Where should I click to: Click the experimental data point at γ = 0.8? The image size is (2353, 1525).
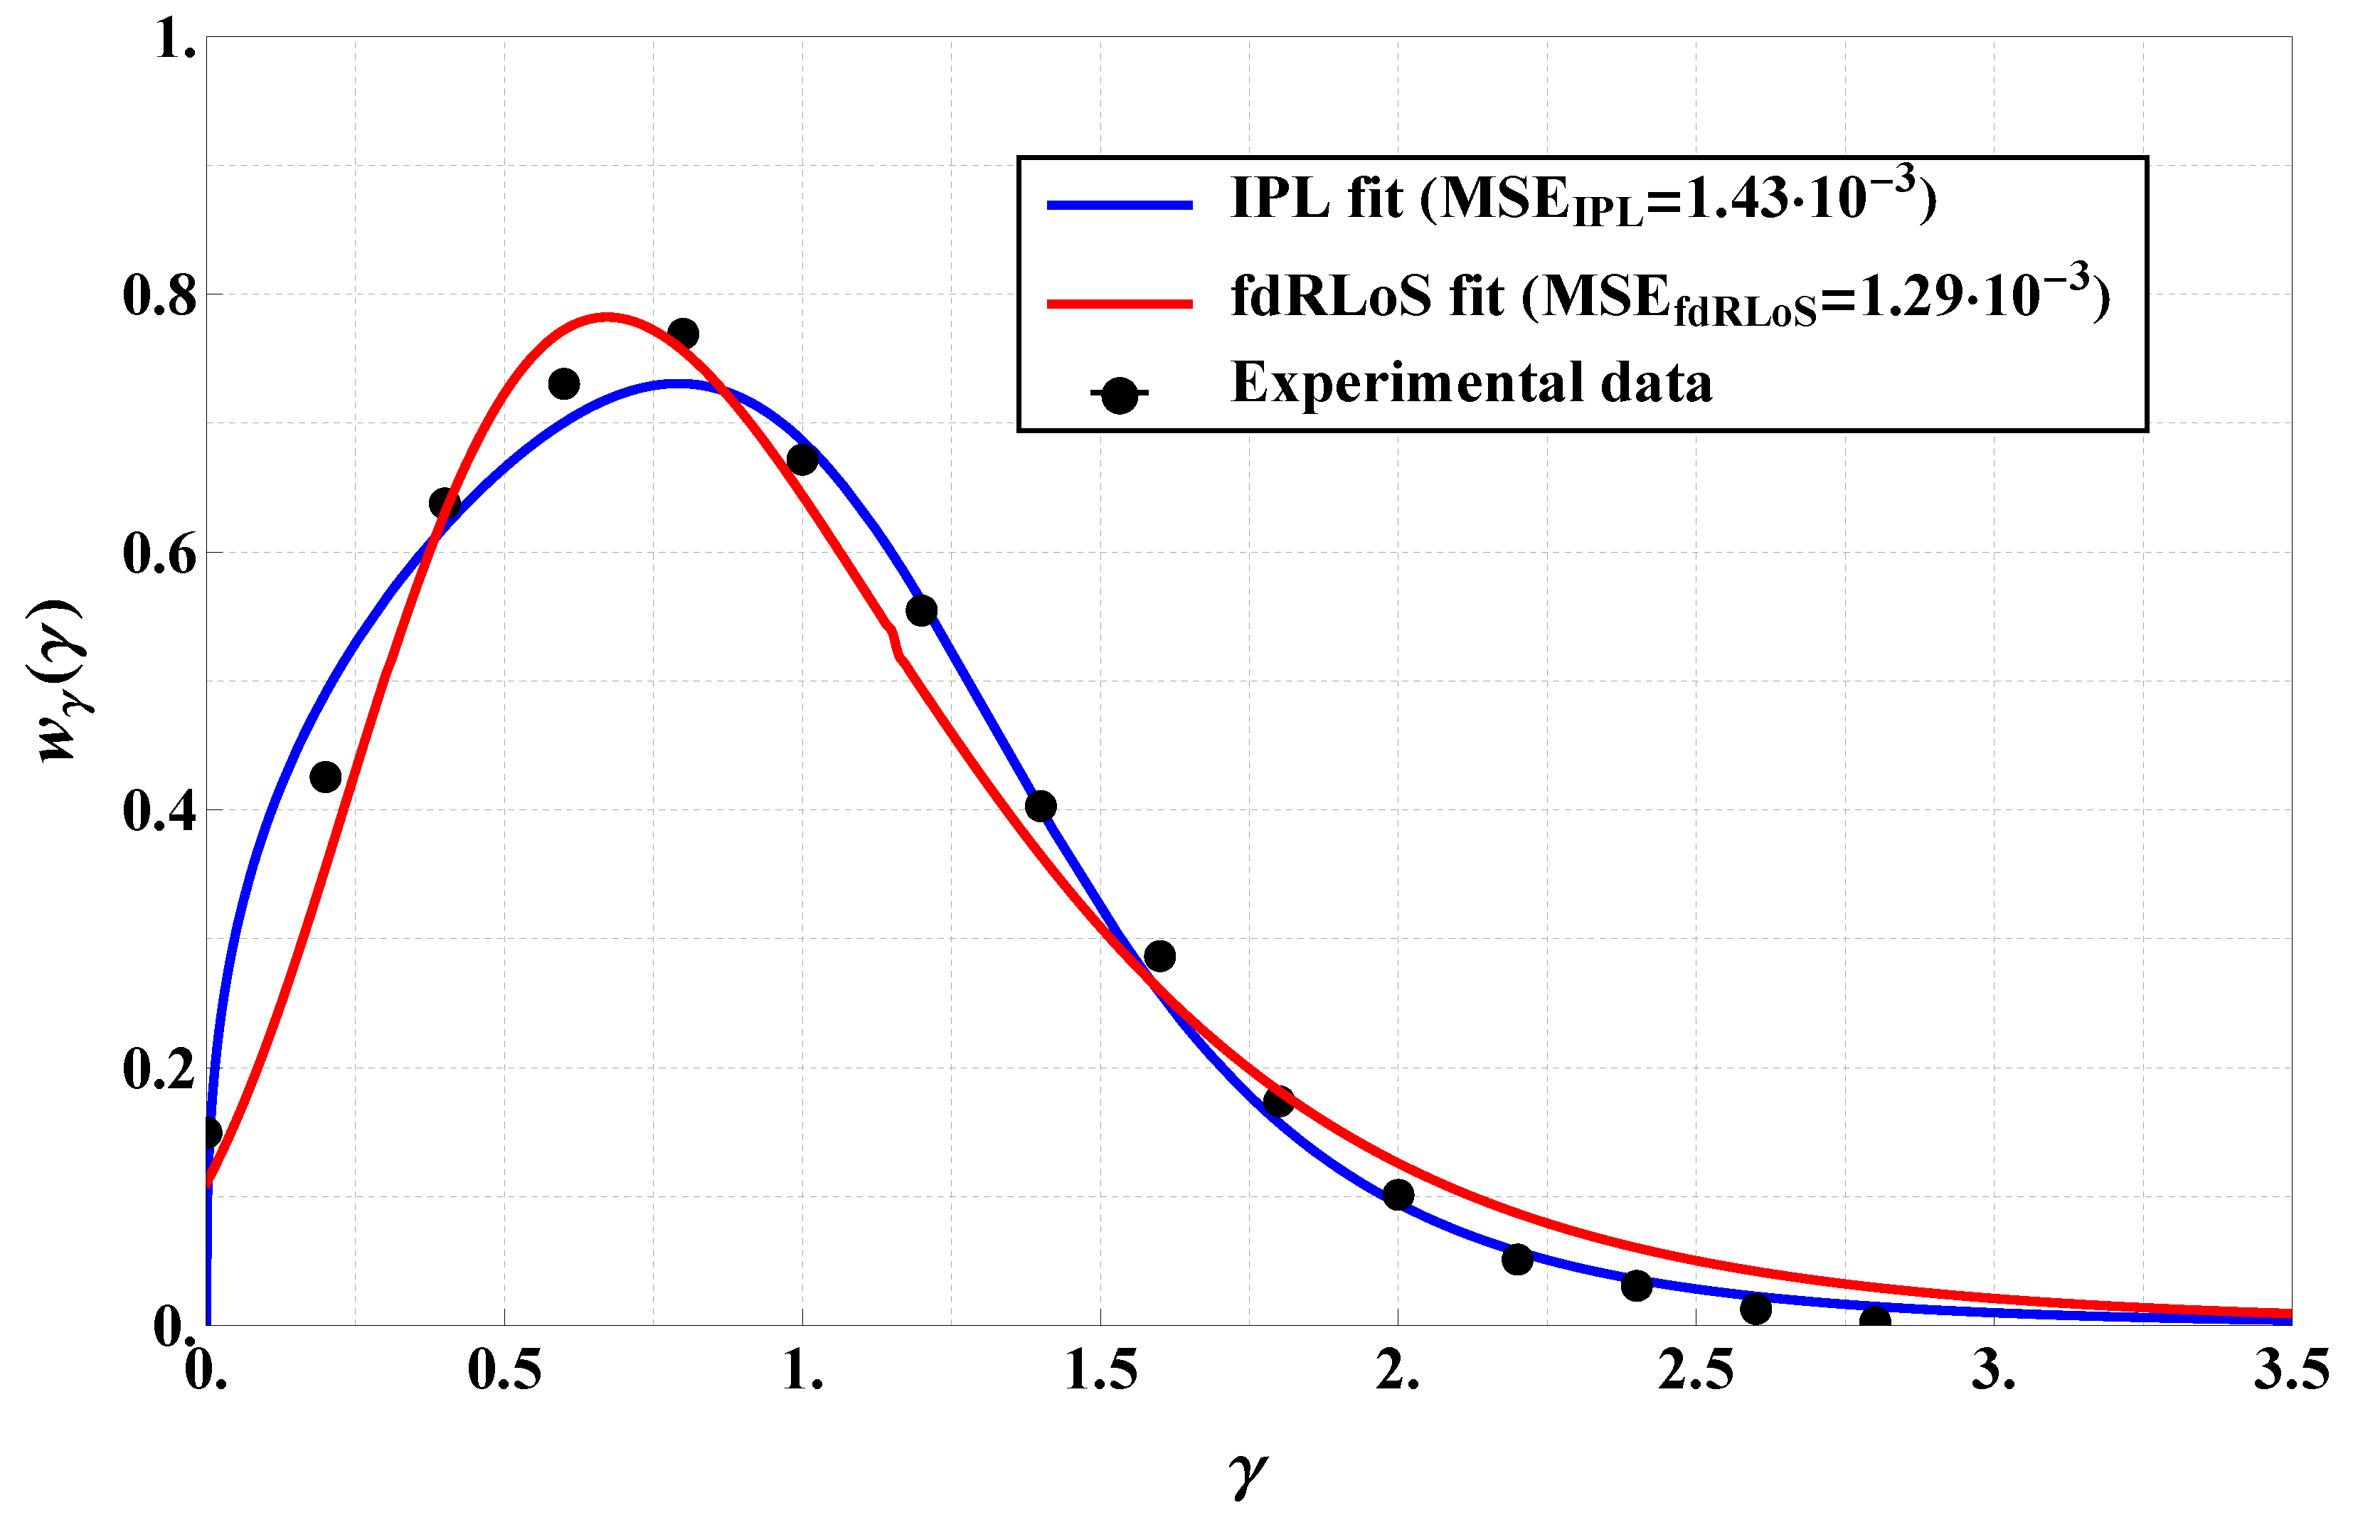tap(683, 334)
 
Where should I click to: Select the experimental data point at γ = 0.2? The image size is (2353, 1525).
tap(325, 777)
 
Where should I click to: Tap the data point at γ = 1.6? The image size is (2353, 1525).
tap(1159, 956)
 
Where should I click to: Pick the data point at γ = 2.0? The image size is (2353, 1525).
tap(1398, 1195)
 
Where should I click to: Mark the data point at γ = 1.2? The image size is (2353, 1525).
tap(921, 611)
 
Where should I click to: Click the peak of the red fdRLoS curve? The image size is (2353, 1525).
tap(607, 317)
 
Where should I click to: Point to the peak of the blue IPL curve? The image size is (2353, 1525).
tap(678, 383)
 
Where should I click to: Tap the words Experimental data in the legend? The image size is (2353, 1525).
tap(1471, 383)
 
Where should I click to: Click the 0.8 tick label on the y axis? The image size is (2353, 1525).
tap(158, 295)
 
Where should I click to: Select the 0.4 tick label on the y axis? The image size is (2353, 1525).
tap(158, 810)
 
